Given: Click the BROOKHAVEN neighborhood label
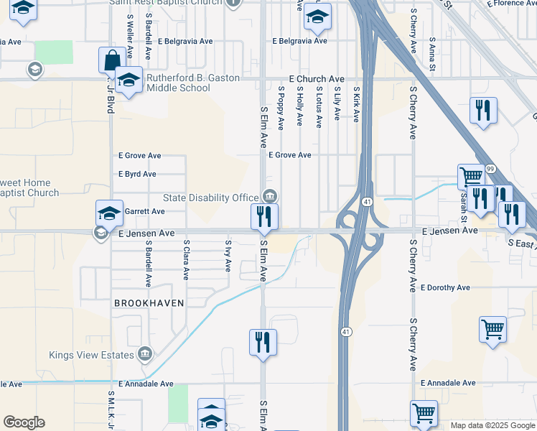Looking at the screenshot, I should [149, 303].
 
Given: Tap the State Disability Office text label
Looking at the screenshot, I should [210, 198].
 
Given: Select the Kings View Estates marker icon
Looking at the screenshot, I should [144, 353].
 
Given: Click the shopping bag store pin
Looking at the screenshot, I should [111, 60].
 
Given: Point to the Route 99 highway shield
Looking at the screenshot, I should [490, 168].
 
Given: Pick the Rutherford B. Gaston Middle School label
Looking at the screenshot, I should [178, 83].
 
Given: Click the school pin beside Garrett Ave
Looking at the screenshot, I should [109, 213].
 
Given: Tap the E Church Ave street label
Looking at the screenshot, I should [317, 78].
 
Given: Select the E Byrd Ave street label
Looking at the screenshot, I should [137, 174].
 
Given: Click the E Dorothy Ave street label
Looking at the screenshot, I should [445, 287].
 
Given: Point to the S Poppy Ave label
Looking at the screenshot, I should [281, 108].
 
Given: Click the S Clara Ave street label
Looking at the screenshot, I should [186, 257].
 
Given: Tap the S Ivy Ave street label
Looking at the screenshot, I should [228, 256].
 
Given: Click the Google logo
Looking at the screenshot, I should [24, 422].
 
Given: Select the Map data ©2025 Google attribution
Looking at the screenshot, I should [492, 425].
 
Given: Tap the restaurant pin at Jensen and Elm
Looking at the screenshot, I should [264, 217].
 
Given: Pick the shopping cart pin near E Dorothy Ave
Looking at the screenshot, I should [492, 330].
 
